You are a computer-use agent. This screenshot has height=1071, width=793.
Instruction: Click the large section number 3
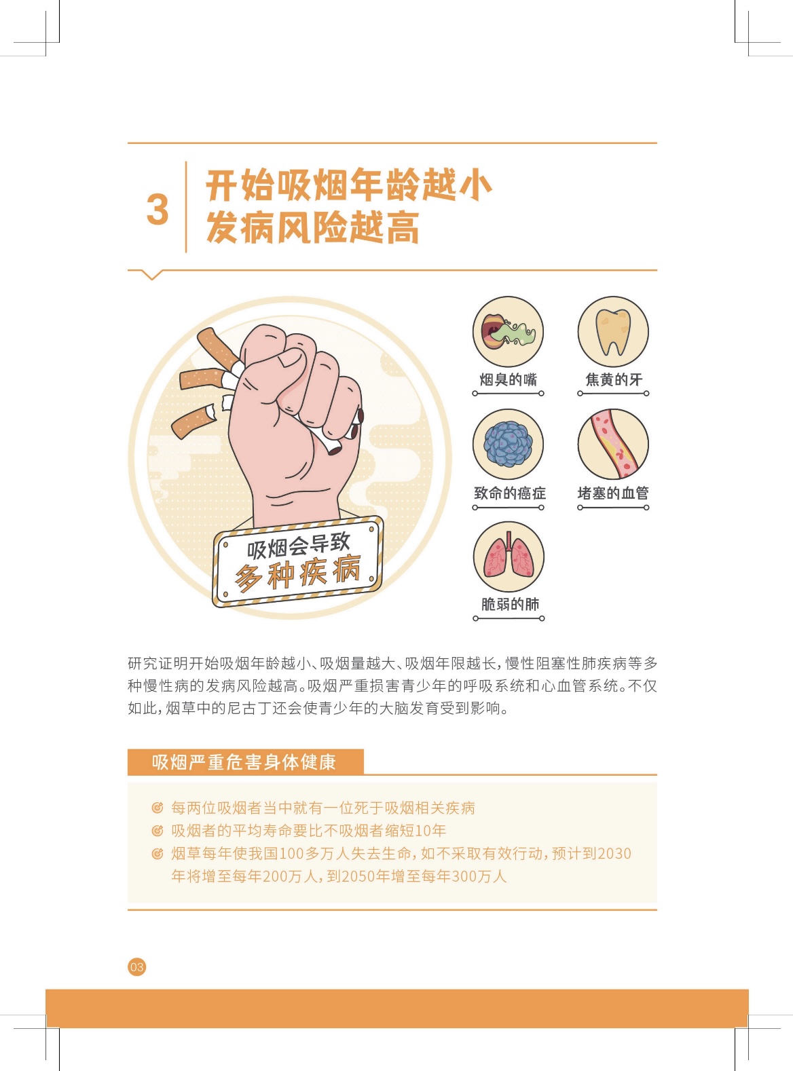tap(158, 210)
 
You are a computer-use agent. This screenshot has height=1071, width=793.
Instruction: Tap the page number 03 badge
tap(136, 966)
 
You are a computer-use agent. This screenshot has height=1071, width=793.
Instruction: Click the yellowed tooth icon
tap(613, 331)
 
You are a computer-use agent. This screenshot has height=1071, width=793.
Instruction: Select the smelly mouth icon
tap(508, 331)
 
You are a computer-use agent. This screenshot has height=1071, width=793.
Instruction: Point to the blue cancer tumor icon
tap(508, 445)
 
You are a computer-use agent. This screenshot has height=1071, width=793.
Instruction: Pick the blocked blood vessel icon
tap(613, 445)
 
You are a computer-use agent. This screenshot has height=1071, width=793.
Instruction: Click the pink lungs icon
tap(509, 557)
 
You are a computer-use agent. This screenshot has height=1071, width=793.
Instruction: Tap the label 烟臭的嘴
tap(508, 379)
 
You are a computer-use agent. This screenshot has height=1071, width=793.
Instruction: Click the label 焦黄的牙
tap(613, 379)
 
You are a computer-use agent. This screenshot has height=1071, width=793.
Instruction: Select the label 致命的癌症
tap(510, 493)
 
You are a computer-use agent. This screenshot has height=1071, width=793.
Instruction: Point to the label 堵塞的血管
tap(613, 493)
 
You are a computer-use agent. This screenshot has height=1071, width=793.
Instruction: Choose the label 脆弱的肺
tap(510, 604)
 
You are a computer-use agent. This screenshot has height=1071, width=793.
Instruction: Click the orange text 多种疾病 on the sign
tap(297, 573)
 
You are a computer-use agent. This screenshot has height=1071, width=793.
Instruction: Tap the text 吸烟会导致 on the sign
tap(298, 546)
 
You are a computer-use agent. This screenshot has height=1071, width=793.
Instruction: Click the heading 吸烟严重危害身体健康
tap(244, 762)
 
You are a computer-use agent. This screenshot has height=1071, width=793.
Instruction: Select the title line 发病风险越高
tap(312, 227)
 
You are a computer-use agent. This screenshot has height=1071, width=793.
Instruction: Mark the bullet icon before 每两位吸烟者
tap(157, 808)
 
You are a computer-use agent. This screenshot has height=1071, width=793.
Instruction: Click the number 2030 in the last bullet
tap(614, 853)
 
